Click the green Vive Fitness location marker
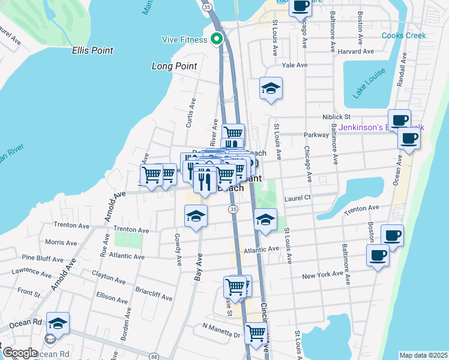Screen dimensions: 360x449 (x=218, y=40)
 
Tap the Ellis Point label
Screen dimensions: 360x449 (x=92, y=51)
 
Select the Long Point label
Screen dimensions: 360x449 (x=175, y=66)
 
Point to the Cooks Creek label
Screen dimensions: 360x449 (x=404, y=35)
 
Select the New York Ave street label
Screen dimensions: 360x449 (x=324, y=276)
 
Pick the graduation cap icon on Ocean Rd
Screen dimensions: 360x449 (x=58, y=324)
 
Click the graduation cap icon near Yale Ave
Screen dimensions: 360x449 (x=271, y=88)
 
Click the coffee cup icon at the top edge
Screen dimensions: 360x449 (x=300, y=7)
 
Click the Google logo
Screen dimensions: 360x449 (x=20, y=352)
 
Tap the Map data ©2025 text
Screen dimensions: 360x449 (x=423, y=355)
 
